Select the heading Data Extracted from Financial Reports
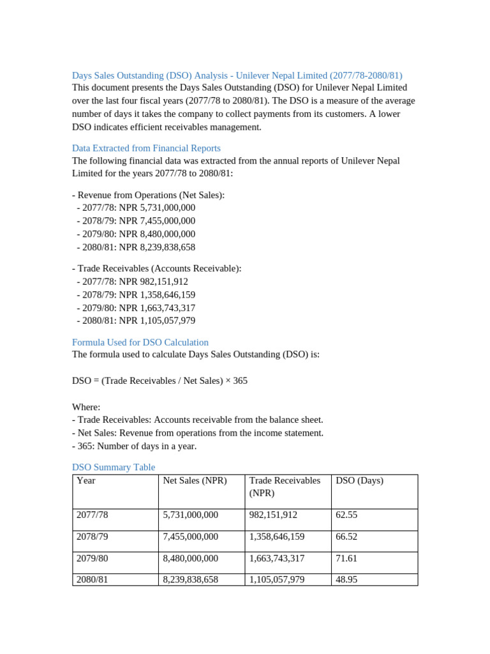coord(146,148)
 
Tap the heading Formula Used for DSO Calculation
coord(140,342)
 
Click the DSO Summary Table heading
coord(113,468)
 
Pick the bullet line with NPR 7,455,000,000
coord(135,221)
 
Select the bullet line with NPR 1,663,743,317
coord(135,308)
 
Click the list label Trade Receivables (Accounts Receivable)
coord(156,269)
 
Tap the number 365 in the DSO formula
coord(240,381)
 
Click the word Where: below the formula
coord(86,407)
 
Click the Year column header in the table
coord(85,481)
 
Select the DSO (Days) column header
coord(359,481)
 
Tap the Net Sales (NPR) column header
coord(195,481)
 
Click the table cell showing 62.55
coord(346,515)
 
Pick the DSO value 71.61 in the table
coord(346,558)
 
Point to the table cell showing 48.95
coord(346,580)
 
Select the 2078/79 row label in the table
coord(92,536)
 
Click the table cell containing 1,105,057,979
coord(277,580)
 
